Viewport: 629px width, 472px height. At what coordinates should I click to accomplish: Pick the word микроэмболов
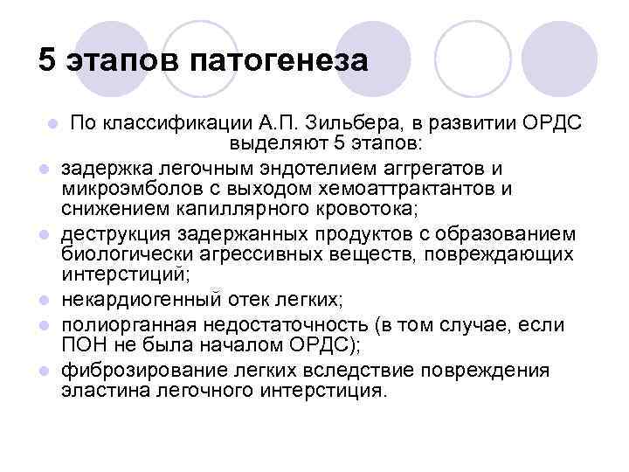[x=122, y=189]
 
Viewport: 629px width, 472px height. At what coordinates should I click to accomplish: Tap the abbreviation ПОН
[x=80, y=346]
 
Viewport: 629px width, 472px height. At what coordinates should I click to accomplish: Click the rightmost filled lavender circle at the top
[x=565, y=52]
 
